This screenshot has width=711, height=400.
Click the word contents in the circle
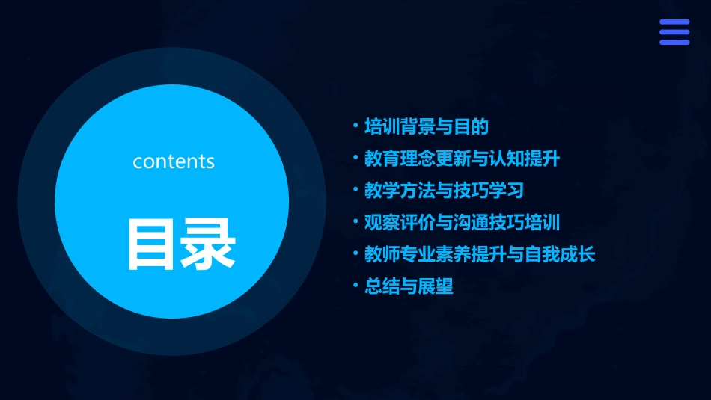174,161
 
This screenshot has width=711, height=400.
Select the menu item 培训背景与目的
426,127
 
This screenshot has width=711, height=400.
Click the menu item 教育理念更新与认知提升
462,159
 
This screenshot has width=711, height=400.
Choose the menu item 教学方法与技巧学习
444,191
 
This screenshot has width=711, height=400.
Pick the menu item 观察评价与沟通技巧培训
462,223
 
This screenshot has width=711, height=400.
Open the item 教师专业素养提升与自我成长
479,255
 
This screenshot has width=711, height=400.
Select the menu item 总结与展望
409,286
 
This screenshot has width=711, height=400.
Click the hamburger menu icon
674,32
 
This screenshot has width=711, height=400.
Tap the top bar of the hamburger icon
674,22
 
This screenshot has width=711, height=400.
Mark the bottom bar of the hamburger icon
674,42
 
